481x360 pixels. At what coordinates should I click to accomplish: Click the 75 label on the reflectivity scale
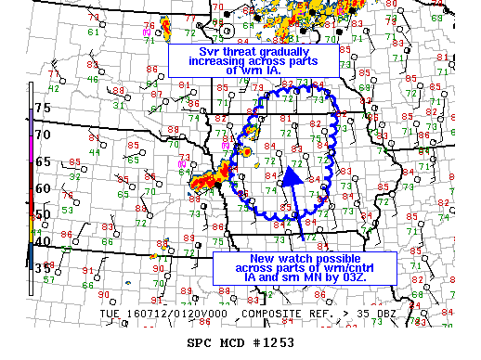43,108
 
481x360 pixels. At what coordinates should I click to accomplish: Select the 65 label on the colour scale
43,161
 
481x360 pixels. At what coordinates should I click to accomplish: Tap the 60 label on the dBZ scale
43,188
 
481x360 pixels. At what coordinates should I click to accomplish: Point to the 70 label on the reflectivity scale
43,135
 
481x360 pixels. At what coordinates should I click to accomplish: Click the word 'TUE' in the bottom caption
108,314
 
